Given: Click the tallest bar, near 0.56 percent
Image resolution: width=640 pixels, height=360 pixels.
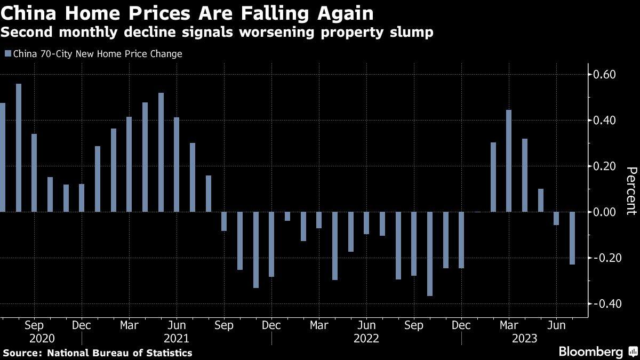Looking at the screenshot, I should (x=19, y=148).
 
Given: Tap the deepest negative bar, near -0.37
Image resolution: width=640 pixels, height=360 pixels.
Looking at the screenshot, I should (x=430, y=254).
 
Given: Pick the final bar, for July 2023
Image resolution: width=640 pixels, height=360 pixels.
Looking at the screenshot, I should (x=572, y=238).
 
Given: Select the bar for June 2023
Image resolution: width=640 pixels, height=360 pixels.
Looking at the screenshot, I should (x=556, y=218).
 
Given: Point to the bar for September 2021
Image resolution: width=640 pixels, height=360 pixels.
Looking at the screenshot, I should (x=224, y=221).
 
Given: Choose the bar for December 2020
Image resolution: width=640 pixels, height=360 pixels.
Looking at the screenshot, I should (x=82, y=198).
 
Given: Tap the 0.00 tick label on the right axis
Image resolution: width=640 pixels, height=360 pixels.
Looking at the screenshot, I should (x=606, y=212).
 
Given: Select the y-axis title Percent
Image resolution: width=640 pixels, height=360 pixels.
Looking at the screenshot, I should (x=631, y=190).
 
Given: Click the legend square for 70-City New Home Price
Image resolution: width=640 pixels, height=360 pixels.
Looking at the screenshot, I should (x=7, y=54).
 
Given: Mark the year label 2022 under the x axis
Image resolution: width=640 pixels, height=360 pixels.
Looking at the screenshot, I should (x=366, y=338).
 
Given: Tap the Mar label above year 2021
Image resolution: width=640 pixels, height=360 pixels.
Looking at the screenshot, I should (x=129, y=325).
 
